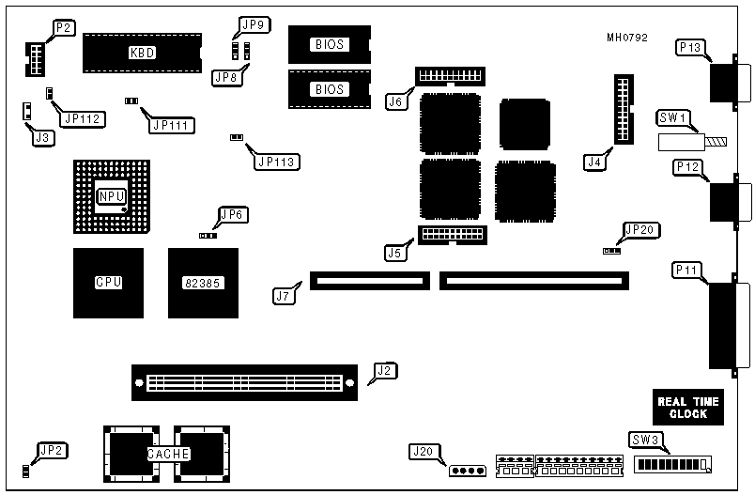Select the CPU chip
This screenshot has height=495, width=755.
coord(108,282)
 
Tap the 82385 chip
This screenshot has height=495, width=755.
coord(203,282)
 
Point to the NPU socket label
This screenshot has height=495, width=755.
coord(110,196)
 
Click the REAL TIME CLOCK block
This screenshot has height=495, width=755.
coord(687,407)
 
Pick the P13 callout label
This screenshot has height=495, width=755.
coord(688,48)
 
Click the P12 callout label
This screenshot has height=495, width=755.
coord(688,167)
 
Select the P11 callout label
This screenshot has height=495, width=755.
coord(687,271)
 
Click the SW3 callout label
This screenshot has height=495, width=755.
coord(644,440)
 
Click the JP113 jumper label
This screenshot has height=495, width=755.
coord(277,161)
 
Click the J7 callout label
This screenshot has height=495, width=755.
coord(284,297)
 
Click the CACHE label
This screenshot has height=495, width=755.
coord(169,454)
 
